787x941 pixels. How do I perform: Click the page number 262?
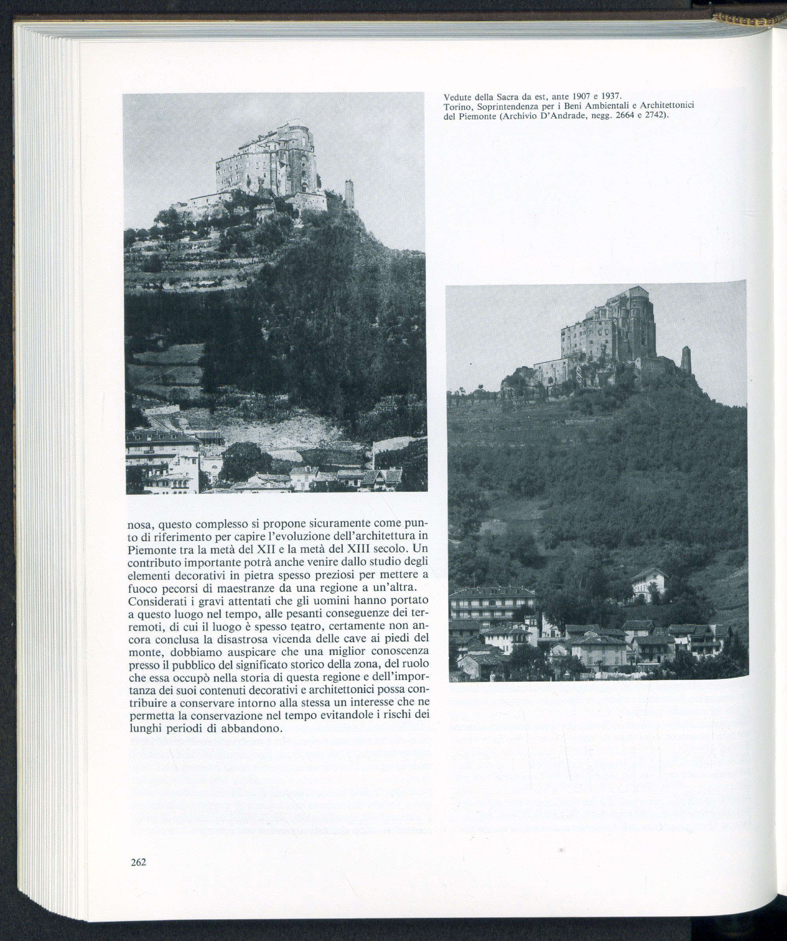click(139, 863)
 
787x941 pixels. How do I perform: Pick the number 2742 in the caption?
click(652, 116)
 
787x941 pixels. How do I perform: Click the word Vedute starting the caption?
click(456, 97)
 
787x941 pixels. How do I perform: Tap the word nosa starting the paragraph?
click(140, 524)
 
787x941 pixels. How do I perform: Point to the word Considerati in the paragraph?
click(155, 600)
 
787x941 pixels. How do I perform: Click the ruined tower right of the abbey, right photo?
click(686, 361)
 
